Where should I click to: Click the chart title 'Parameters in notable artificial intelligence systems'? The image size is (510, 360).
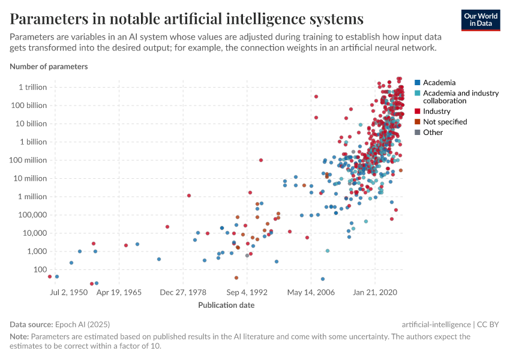pyautogui.click(x=187, y=18)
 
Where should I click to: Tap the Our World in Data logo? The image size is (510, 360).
pyautogui.click(x=481, y=20)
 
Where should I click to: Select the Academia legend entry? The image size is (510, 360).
pyautogui.click(x=439, y=82)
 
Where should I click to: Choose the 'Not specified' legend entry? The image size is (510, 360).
pyautogui.click(x=445, y=122)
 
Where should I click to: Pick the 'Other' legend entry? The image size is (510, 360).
pyautogui.click(x=433, y=132)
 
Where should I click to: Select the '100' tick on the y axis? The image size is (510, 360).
pyautogui.click(x=40, y=269)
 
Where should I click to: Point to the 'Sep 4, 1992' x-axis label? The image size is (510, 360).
pyautogui.click(x=246, y=293)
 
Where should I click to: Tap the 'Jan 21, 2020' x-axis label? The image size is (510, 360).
pyautogui.click(x=375, y=293)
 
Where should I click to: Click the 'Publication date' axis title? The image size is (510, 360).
pyautogui.click(x=226, y=305)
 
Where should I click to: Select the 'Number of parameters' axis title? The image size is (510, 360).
pyautogui.click(x=49, y=67)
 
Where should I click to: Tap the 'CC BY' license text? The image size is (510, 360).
pyautogui.click(x=489, y=324)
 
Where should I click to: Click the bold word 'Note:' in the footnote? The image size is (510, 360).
pyautogui.click(x=19, y=337)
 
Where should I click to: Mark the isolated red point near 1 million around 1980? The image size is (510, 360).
pyautogui.click(x=189, y=196)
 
